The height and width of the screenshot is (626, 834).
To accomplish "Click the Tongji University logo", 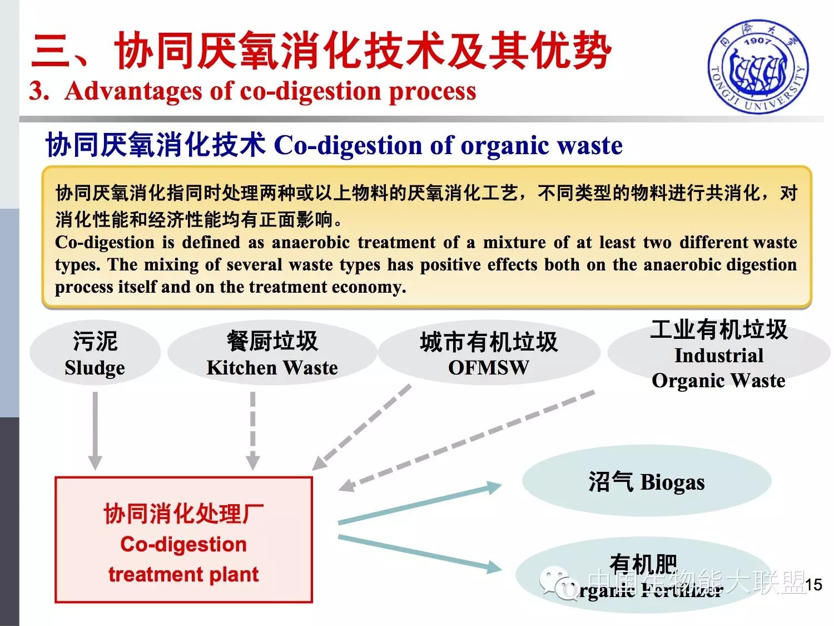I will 758,67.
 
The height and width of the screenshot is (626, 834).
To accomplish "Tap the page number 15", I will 813,584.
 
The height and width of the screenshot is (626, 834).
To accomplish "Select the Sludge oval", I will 95,353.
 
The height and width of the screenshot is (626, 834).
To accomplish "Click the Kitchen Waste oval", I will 272,353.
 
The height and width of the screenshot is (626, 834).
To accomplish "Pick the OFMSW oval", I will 489,353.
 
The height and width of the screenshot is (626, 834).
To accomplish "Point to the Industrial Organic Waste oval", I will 718,354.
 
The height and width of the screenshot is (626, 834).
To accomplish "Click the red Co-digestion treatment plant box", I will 183,540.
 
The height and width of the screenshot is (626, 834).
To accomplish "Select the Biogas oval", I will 646,481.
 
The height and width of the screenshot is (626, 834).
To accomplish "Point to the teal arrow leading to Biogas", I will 420,504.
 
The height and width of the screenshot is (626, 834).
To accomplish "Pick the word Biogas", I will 672,482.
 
